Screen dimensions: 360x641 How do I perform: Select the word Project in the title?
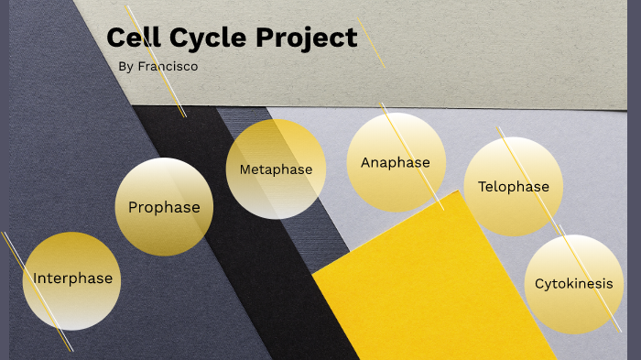[x=307, y=38]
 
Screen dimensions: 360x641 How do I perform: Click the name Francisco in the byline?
[x=168, y=67]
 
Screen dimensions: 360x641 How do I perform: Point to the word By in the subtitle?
[x=126, y=67]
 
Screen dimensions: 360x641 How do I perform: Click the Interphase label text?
[x=73, y=278]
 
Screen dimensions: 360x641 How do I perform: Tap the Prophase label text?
[x=164, y=207]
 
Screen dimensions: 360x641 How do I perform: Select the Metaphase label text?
[x=276, y=169]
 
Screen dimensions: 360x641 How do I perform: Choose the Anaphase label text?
[x=395, y=163]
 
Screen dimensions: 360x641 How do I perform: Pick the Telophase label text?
[x=513, y=187]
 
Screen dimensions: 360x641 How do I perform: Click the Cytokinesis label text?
[x=573, y=284]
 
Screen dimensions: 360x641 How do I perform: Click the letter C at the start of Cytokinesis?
[x=539, y=284]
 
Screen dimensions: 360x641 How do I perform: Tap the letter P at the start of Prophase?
[x=134, y=207]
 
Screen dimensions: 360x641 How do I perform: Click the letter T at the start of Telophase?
[x=482, y=187]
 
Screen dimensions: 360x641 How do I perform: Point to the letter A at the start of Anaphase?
[x=365, y=163]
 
